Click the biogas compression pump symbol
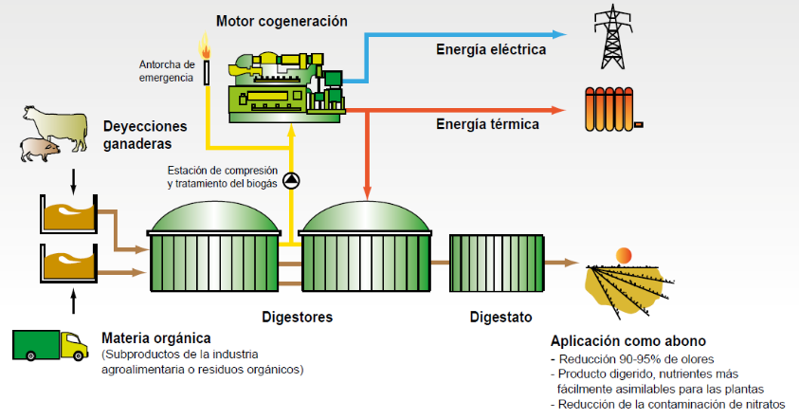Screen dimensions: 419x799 click(x=291, y=181)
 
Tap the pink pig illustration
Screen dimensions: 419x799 click(x=39, y=149)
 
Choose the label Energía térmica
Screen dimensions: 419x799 click(x=487, y=124)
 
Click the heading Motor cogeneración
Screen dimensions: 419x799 click(x=281, y=20)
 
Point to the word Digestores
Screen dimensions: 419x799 click(x=297, y=317)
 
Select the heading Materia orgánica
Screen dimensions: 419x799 click(x=155, y=338)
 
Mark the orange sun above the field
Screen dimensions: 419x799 click(x=624, y=254)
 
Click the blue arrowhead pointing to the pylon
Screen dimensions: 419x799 click(x=561, y=33)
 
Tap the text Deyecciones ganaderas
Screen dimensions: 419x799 click(x=145, y=135)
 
